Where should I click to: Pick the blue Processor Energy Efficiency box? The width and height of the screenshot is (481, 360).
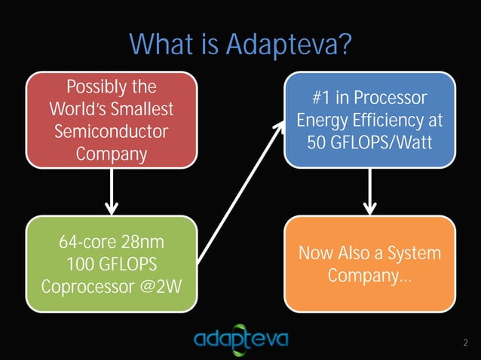coord(369,120)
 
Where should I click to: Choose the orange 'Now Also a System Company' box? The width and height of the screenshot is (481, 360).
coord(369,264)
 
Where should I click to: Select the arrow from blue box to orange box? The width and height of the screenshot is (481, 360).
coord(370,191)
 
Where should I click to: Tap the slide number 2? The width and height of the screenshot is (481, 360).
coord(465,344)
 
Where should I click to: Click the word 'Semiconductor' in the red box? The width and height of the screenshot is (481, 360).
coord(112,131)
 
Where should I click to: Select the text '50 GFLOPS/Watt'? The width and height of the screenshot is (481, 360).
coord(369,142)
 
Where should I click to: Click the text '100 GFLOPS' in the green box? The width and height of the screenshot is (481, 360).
coord(112,265)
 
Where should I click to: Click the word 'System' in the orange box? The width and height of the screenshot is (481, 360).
coord(412,253)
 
